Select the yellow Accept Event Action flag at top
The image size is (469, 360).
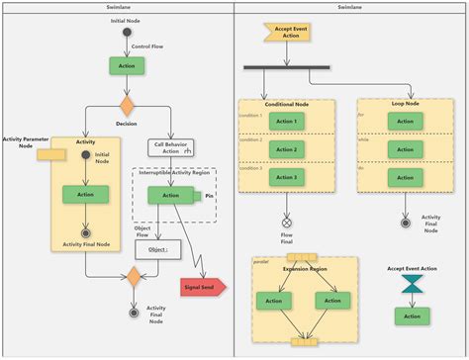tap(281, 33)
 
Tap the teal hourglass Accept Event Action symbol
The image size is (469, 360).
tap(411, 285)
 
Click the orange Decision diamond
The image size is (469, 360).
tap(127, 104)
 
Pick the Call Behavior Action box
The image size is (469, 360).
tap(171, 147)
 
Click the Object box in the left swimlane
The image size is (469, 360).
tap(157, 249)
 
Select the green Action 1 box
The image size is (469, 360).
tap(286, 122)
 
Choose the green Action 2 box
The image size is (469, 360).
tap(286, 149)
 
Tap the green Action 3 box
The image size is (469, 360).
tap(286, 177)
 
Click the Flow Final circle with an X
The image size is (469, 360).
tap(287, 224)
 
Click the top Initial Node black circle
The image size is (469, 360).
tap(127, 33)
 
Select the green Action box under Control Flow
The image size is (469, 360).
tap(127, 65)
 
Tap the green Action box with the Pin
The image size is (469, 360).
tap(170, 195)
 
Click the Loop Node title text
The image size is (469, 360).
tap(404, 104)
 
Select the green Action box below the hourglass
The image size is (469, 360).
tap(412, 315)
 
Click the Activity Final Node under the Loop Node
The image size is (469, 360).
tap(405, 224)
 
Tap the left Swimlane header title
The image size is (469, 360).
tap(117, 6)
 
